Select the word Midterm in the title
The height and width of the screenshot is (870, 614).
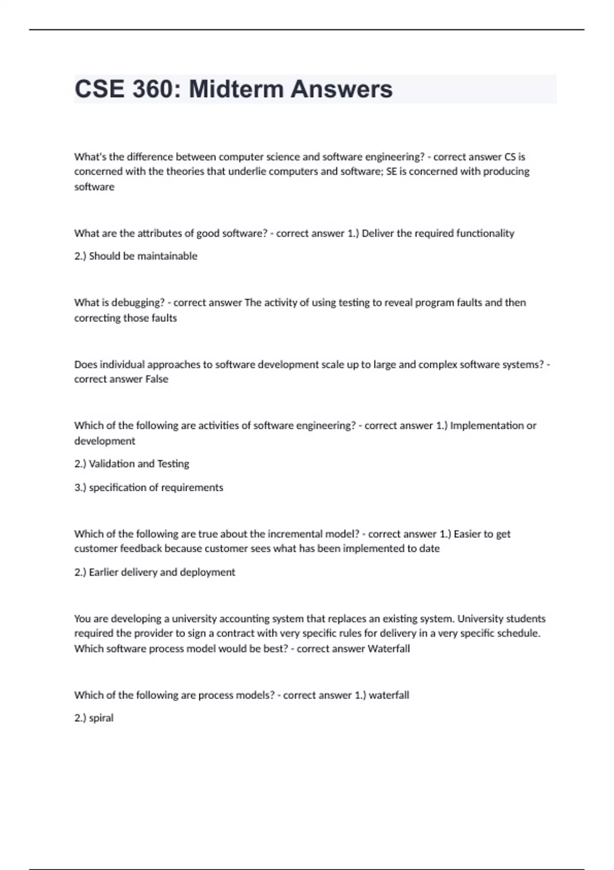[236, 89]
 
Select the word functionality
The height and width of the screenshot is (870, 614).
[485, 233]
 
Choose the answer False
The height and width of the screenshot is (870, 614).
[157, 379]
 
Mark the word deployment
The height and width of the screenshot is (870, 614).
[207, 572]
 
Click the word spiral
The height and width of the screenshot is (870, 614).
[101, 718]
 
